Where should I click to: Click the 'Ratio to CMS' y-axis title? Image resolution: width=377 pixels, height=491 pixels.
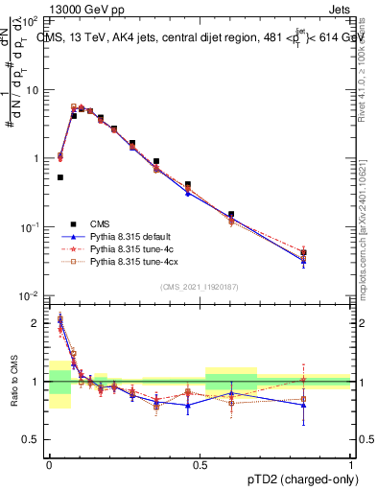[x=12, y=382]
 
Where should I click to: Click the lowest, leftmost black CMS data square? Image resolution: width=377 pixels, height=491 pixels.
[x=60, y=177]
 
